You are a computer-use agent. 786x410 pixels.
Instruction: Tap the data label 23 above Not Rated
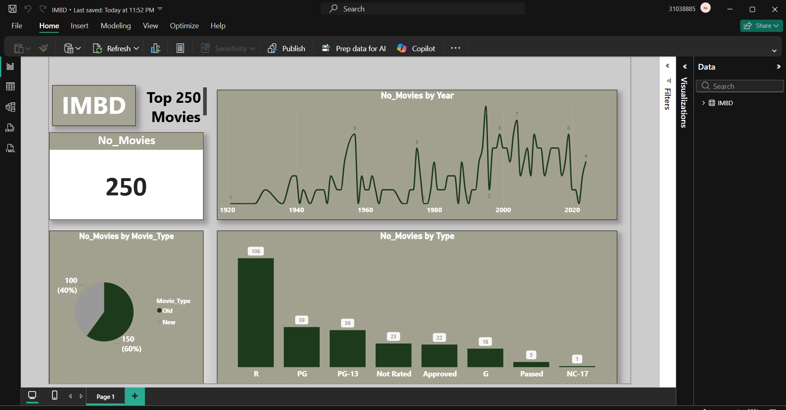393,337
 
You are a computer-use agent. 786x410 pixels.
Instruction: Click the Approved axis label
440,374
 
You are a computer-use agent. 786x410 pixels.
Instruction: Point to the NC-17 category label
577,374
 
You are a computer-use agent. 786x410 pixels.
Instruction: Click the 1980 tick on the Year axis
434,210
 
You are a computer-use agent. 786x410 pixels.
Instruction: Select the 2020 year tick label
572,210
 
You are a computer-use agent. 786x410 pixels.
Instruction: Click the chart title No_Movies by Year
417,96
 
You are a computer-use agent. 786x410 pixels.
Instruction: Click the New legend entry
168,322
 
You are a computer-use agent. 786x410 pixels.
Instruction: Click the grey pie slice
88,305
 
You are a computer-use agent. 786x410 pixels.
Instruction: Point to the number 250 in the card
126,187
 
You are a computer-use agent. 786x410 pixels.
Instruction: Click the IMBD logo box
94,106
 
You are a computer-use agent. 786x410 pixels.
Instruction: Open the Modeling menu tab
116,26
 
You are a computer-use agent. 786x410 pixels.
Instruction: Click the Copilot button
416,48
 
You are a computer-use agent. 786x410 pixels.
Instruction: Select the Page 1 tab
105,396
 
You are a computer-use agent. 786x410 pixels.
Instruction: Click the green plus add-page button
135,396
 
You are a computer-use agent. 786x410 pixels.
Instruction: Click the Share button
761,26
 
